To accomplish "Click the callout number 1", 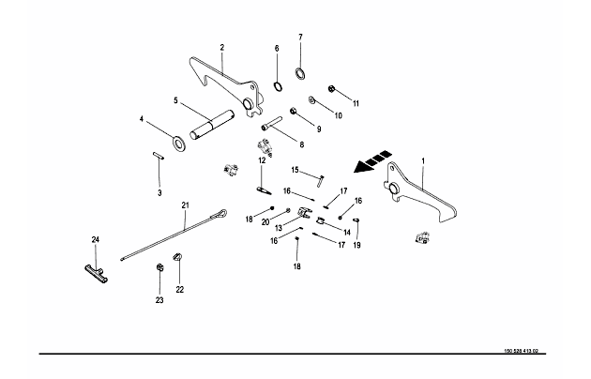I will (423, 160).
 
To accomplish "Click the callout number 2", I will (222, 46).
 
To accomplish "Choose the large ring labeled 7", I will (299, 75).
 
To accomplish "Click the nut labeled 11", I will (332, 90).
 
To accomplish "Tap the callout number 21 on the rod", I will (185, 205).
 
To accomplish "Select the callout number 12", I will (262, 160).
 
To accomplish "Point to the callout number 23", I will (159, 300).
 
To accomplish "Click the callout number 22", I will (179, 289).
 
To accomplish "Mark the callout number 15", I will (294, 170).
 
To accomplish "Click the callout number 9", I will (318, 129).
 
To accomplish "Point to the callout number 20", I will (266, 221).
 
